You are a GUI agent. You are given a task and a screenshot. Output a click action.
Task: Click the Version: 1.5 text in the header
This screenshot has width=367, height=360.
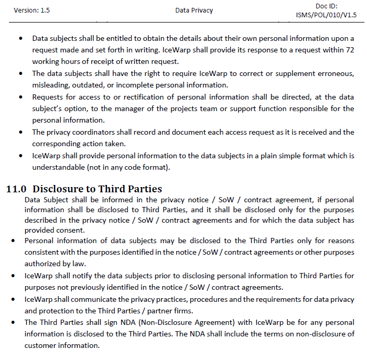33,10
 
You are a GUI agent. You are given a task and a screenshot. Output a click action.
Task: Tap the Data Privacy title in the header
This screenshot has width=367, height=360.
194,10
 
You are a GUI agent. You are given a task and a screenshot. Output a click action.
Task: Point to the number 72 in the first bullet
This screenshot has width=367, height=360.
349,48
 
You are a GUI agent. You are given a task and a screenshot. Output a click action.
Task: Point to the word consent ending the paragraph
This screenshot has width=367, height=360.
73,230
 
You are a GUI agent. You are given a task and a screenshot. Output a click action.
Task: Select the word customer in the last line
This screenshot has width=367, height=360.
41,345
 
